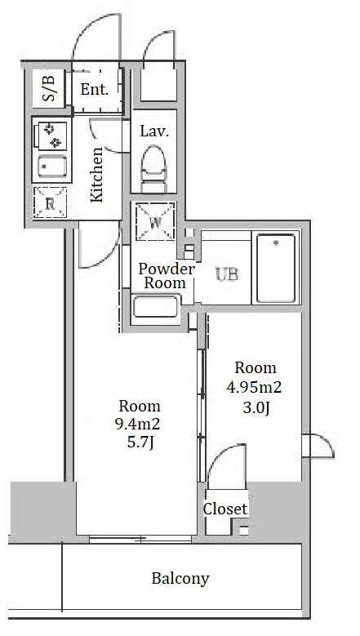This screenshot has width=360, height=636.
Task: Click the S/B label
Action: (x=49, y=89)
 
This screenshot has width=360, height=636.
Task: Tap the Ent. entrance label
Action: (x=95, y=90)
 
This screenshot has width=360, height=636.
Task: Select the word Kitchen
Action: (x=97, y=175)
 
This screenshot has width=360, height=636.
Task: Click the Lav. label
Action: (x=154, y=131)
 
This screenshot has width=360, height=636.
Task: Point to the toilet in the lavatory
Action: (x=153, y=168)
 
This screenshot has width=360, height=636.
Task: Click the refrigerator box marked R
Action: (x=50, y=202)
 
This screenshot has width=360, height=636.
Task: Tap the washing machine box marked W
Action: (x=155, y=221)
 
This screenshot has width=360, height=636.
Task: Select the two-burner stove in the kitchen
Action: (x=51, y=136)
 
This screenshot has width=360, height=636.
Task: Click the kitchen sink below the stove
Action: (x=53, y=167)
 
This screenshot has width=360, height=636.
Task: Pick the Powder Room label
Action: (x=167, y=276)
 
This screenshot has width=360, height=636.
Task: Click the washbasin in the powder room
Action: (x=156, y=307)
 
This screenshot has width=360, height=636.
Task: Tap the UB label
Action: (x=227, y=274)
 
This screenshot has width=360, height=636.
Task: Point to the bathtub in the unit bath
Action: (x=276, y=268)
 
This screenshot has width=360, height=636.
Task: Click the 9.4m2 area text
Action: (x=138, y=425)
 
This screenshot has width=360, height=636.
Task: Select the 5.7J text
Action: (x=140, y=443)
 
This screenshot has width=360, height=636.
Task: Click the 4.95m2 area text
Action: (x=254, y=387)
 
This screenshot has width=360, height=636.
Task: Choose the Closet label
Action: (x=225, y=509)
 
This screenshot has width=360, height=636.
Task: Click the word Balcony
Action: (x=180, y=578)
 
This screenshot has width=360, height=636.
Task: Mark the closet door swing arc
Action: (x=220, y=453)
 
